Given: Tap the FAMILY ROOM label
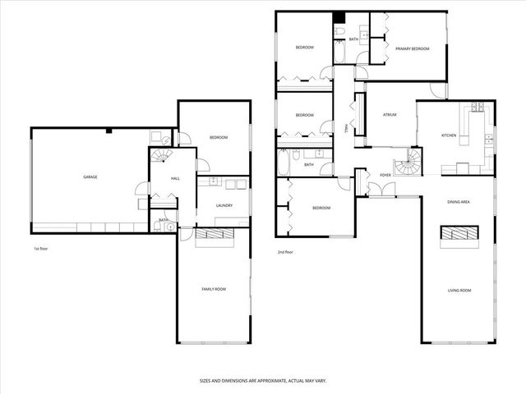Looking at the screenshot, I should click(x=214, y=289).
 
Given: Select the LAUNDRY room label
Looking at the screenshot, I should click(x=224, y=205).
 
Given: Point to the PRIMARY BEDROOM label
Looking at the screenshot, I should click(x=412, y=49).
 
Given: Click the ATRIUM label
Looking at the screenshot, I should click(x=390, y=115).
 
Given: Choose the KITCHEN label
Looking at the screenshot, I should click(x=449, y=135).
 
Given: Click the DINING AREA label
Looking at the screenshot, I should click(x=458, y=202).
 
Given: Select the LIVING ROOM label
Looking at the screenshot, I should click(x=459, y=290).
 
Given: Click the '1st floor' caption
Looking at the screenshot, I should click(x=42, y=247).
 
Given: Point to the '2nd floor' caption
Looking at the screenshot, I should click(x=286, y=252).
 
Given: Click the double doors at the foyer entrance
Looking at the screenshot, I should click(x=381, y=191).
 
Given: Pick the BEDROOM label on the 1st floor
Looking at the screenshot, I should click(x=218, y=137).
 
